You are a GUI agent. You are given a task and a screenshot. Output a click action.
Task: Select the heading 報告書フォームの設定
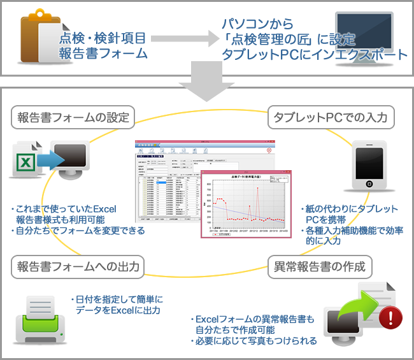tap(74, 117)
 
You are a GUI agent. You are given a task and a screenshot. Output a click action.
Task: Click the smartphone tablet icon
tap(369, 166)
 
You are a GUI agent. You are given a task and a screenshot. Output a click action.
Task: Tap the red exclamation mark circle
tap(390, 317)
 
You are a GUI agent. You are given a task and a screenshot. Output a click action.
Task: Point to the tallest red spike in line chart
tap(258, 189)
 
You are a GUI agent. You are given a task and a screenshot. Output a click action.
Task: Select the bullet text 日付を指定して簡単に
tap(120, 299)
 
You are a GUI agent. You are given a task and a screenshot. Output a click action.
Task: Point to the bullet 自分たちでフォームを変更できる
tap(80, 230)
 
